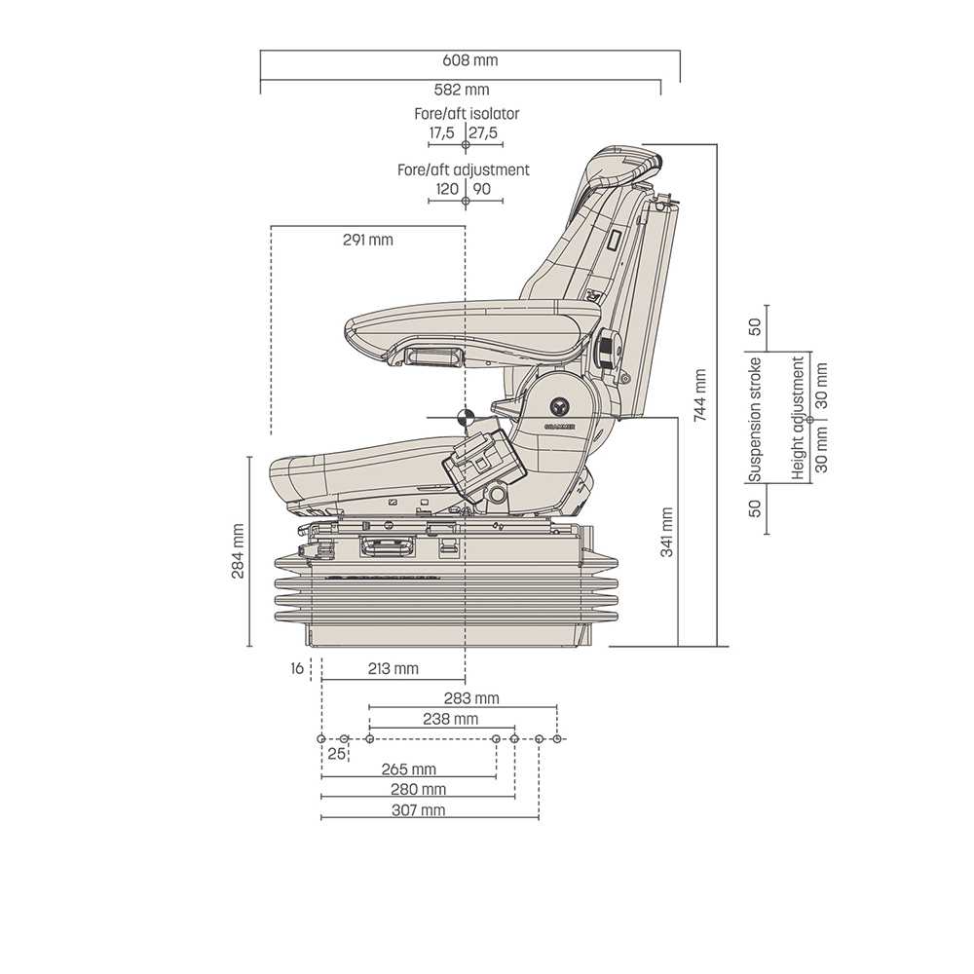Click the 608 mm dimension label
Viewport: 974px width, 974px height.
click(x=469, y=60)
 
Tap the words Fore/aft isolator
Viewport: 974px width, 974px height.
click(x=467, y=114)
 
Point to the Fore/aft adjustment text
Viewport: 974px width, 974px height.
click(x=464, y=169)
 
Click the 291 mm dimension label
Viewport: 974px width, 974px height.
click(x=367, y=240)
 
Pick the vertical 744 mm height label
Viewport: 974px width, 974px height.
click(x=699, y=394)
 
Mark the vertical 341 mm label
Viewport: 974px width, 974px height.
click(x=667, y=532)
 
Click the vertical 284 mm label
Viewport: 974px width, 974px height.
click(x=238, y=551)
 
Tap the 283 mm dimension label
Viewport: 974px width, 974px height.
click(x=471, y=698)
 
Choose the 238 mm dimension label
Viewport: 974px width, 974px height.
click(x=450, y=719)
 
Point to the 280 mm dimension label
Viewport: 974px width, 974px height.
click(x=419, y=789)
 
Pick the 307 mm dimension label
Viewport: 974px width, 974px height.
click(x=419, y=810)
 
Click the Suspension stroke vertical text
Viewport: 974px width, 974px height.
click(x=754, y=420)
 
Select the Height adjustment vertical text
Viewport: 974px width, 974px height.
click(x=799, y=418)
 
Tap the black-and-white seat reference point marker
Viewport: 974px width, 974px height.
click(x=466, y=417)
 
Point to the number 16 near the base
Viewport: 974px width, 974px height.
click(x=296, y=668)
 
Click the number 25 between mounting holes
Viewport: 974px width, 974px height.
click(x=336, y=753)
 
